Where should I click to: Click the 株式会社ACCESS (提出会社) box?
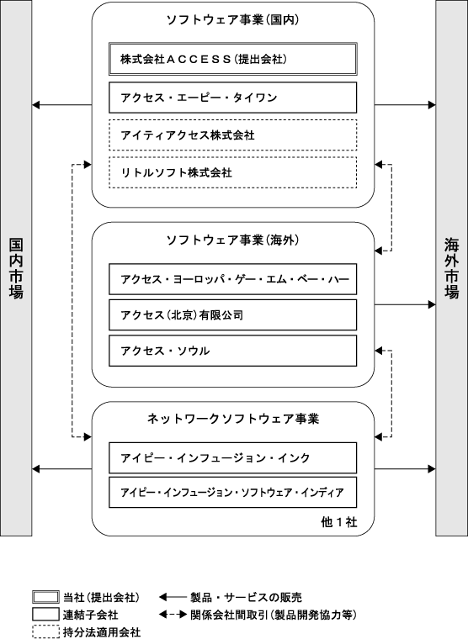click(x=232, y=59)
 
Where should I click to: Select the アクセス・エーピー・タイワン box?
click(x=232, y=98)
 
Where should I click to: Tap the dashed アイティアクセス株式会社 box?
click(x=232, y=135)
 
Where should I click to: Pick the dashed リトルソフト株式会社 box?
click(x=232, y=172)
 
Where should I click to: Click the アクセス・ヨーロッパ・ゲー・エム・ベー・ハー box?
click(x=232, y=279)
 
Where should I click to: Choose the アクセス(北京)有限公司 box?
click(x=232, y=315)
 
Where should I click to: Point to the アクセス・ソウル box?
click(x=232, y=351)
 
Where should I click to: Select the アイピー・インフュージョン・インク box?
click(x=232, y=457)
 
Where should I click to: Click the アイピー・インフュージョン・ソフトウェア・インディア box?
click(x=232, y=493)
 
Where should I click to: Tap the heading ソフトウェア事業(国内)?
click(x=232, y=20)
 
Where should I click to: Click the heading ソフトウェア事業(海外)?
click(x=232, y=240)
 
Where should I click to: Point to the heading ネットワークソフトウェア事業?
click(x=233, y=419)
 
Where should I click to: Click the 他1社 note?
click(x=339, y=522)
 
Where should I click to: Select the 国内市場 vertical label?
click(x=16, y=268)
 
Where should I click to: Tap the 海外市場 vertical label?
click(x=452, y=268)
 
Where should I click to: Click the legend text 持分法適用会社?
click(x=102, y=632)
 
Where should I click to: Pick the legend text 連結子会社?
click(x=91, y=615)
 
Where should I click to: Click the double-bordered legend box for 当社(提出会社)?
click(x=45, y=597)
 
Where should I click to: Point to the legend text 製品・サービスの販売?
click(x=246, y=598)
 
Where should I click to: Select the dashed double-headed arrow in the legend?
click(x=173, y=614)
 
